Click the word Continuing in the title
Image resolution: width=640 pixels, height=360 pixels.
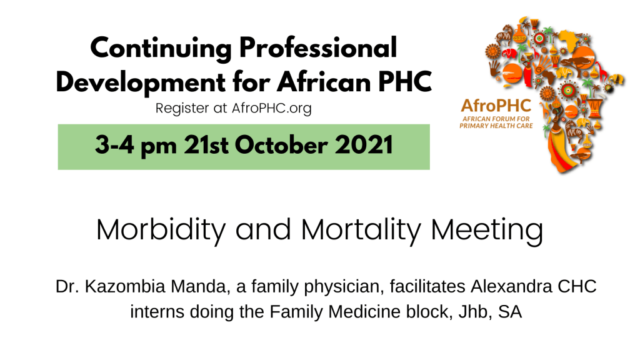point(161,49)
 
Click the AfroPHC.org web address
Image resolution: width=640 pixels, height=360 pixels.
point(271,109)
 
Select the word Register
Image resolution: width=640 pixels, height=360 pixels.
point(182,109)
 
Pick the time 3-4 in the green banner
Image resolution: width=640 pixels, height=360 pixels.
point(114,145)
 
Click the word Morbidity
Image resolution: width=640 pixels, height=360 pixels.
point(161,231)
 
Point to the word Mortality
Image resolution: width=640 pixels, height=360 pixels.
point(361,231)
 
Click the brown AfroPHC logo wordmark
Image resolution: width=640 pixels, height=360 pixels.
point(496,106)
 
